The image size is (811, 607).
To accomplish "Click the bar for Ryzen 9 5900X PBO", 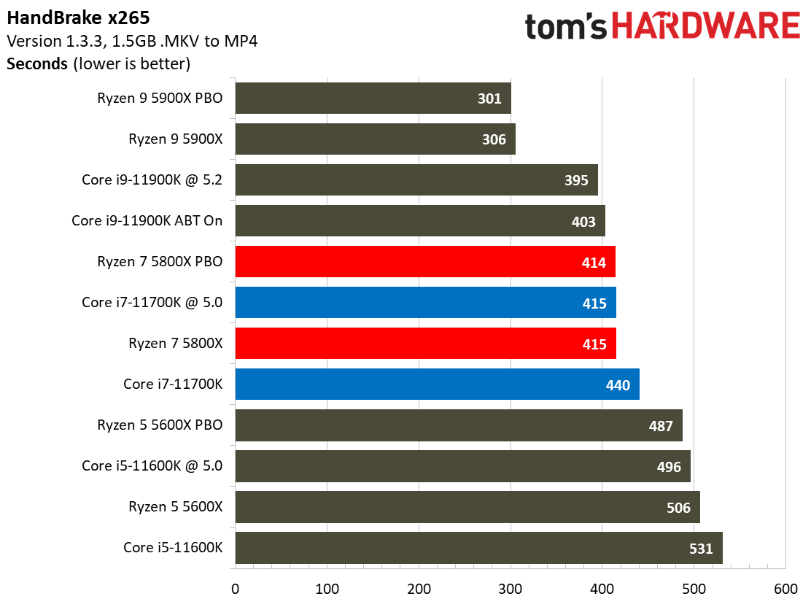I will (373, 98).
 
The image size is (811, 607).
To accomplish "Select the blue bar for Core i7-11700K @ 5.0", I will (425, 303).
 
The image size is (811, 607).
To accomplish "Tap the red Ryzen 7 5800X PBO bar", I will (425, 262).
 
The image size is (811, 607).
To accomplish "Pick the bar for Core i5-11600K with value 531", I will (478, 548).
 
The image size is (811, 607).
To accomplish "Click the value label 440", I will (618, 384).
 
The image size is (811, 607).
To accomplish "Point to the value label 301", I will (489, 98).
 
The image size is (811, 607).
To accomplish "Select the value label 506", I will (678, 507).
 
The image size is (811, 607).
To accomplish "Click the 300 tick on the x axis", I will (511, 589).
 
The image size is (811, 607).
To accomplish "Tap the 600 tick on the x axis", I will (785, 589).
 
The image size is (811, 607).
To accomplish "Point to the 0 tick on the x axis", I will (236, 589).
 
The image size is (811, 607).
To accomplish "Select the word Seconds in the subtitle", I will (37, 63).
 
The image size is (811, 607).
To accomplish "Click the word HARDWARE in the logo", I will (705, 27).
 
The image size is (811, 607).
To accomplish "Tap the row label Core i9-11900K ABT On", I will (147, 220).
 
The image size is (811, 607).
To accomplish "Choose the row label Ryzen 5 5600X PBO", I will (160, 425).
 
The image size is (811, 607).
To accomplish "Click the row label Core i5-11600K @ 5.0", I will (152, 465).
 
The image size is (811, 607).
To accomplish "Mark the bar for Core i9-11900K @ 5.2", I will (416, 180).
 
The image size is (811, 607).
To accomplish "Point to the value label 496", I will (669, 466).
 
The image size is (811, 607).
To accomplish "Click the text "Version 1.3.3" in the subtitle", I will (50, 40).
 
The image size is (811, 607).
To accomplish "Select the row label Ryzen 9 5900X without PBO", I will (176, 139).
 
